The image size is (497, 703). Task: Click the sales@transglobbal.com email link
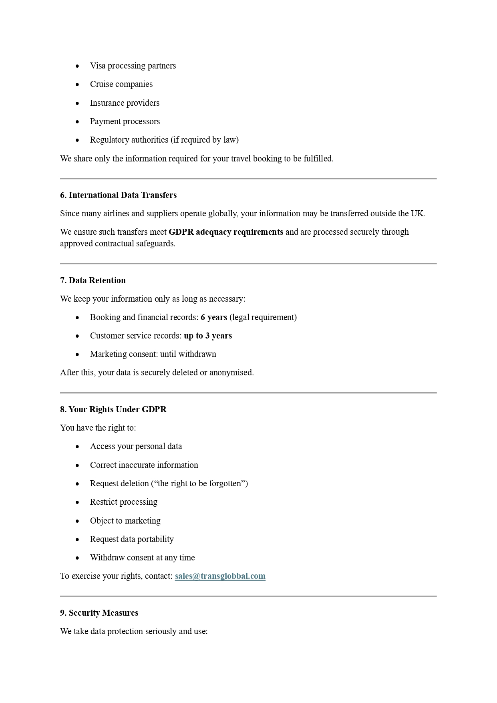click(x=220, y=576)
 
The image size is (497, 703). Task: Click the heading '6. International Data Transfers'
click(x=118, y=195)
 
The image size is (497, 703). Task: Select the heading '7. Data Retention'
click(x=93, y=280)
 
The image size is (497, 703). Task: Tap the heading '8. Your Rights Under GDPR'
click(x=113, y=409)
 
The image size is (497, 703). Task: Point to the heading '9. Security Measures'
click(x=99, y=613)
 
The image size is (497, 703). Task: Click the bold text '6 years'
click(x=214, y=317)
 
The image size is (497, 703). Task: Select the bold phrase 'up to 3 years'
click(x=208, y=336)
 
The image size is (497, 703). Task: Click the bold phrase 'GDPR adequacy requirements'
click(x=226, y=232)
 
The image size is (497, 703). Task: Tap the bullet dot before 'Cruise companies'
click(x=77, y=85)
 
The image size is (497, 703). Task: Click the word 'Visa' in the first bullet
click(x=98, y=66)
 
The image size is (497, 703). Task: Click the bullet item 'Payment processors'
click(x=125, y=121)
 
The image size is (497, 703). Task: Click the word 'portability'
click(x=154, y=539)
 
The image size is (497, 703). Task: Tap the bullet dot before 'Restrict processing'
click(x=77, y=502)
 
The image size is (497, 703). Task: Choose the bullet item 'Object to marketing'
click(x=125, y=521)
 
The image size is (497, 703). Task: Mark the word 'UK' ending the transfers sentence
click(x=417, y=214)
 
